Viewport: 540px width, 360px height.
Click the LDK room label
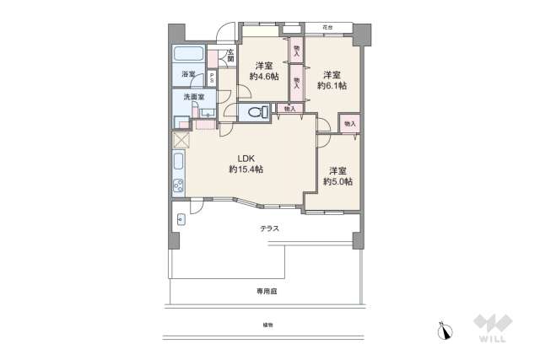[245, 158]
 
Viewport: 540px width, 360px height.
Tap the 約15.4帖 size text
[246, 169]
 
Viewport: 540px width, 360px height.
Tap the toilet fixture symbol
[256, 112]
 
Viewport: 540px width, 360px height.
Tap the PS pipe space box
[212, 78]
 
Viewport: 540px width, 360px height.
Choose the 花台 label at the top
[327, 27]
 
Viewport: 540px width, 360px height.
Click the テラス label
[268, 228]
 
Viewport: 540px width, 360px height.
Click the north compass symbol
[444, 330]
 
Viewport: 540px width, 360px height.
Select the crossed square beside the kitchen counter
[181, 140]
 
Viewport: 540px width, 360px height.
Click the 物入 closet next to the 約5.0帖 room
[349, 124]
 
